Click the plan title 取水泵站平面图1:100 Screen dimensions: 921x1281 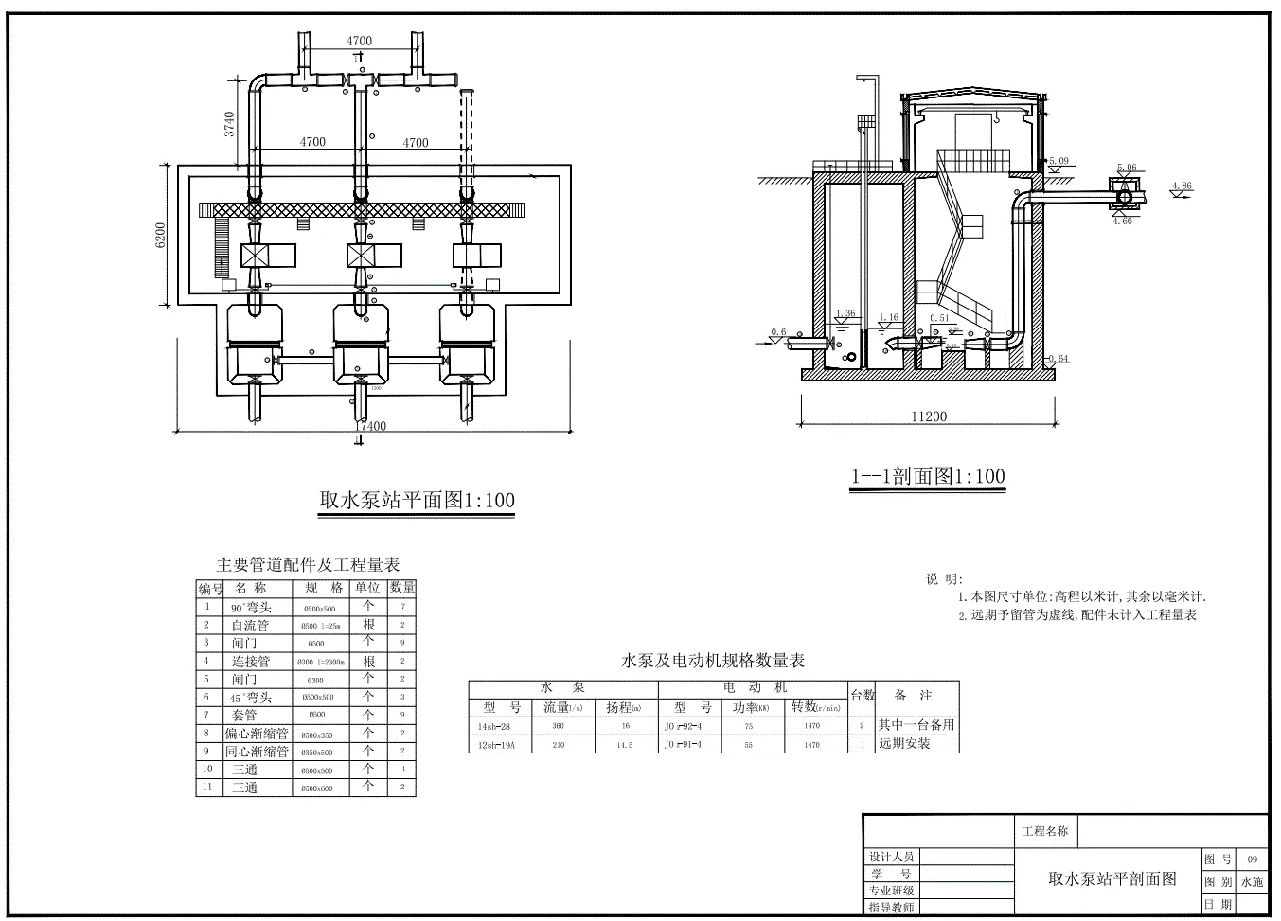(417, 500)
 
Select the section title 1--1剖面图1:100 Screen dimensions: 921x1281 (928, 476)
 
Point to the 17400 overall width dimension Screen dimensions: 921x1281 (371, 426)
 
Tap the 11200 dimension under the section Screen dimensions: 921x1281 (929, 416)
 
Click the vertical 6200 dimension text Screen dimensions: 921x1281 (161, 236)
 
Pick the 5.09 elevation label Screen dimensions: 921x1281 (1059, 161)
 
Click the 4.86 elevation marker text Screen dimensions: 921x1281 (1181, 186)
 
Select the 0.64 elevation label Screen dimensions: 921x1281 (1059, 358)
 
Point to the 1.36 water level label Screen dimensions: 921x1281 (845, 314)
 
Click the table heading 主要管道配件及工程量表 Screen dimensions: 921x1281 (308, 565)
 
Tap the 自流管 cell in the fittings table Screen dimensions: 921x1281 (250, 625)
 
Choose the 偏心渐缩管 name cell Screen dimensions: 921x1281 (257, 734)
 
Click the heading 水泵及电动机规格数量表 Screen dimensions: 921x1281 (712, 661)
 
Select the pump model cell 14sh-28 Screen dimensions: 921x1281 (496, 726)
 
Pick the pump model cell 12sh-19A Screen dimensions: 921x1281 (497, 745)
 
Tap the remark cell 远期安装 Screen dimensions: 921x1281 (904, 744)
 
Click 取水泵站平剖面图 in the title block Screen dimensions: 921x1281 (1112, 878)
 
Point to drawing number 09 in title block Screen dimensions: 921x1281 (1252, 859)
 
